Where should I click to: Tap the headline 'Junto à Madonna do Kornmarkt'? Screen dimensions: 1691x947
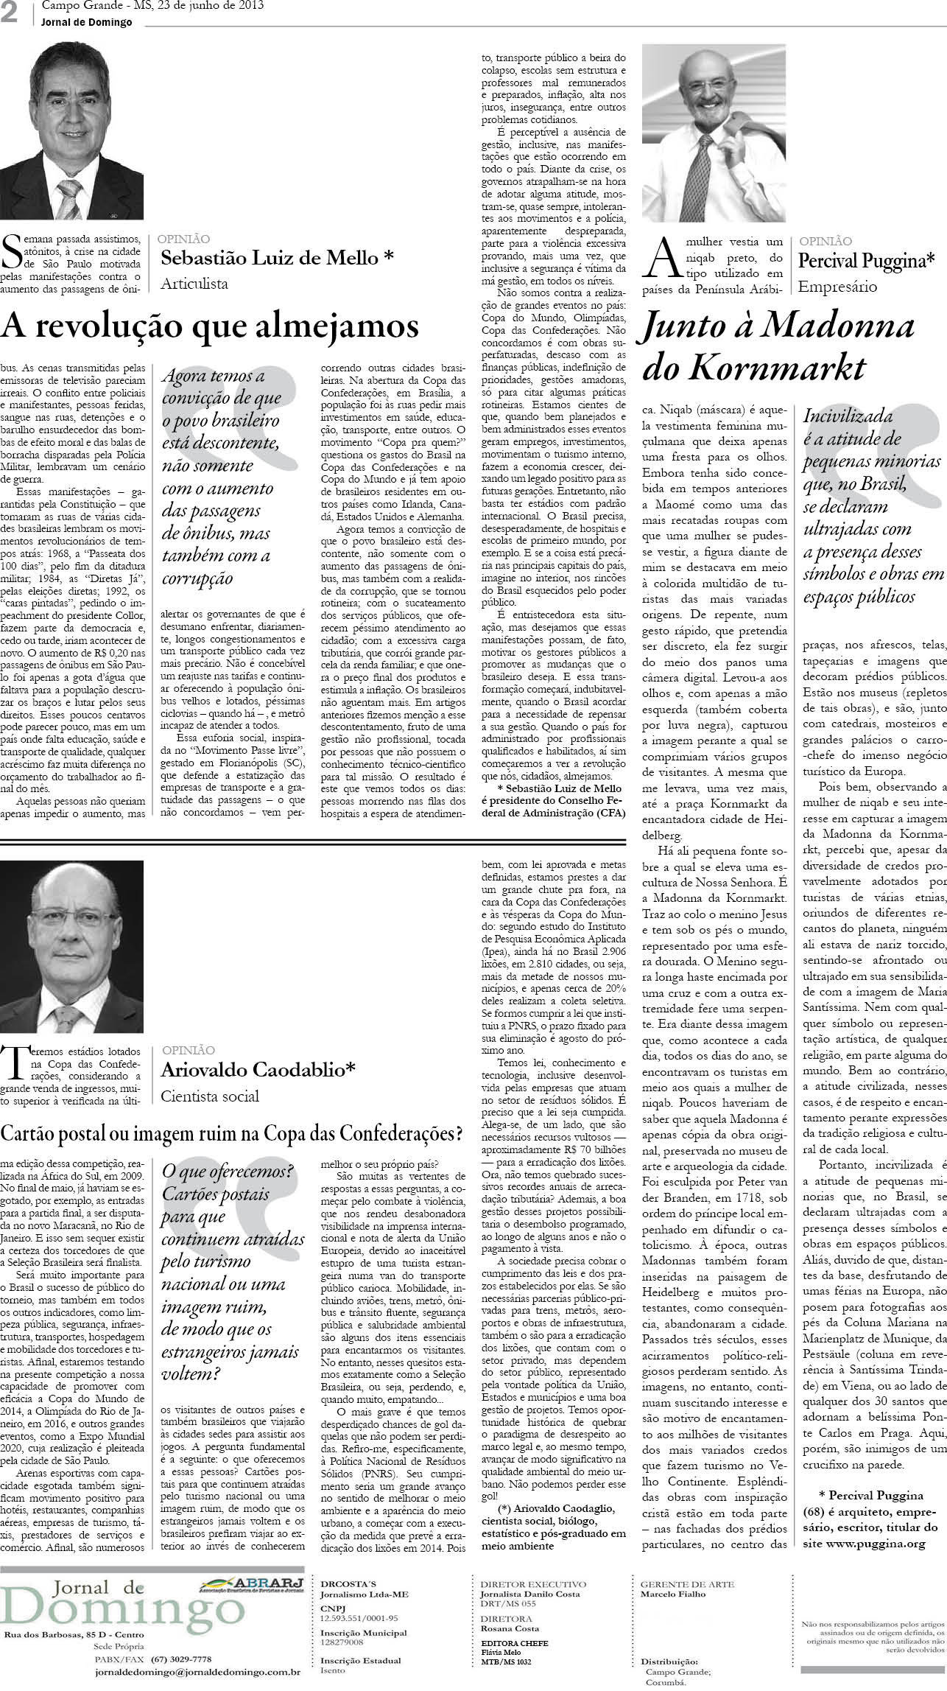[778, 346]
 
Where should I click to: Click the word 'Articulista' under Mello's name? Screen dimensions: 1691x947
[194, 283]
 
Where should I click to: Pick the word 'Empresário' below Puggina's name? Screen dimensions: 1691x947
[837, 287]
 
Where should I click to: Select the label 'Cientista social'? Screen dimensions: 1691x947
[210, 1096]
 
